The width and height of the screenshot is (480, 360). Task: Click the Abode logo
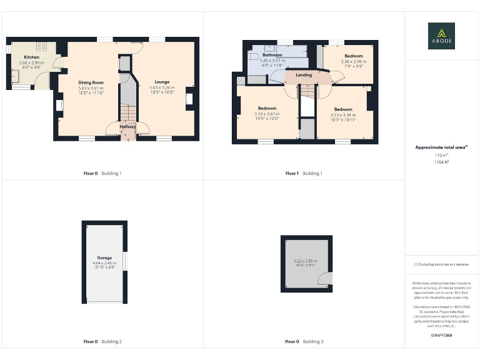tap(441, 36)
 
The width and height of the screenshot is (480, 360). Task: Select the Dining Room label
tap(91, 82)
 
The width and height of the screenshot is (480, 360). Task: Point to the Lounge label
tap(162, 82)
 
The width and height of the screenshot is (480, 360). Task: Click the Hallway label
tap(127, 127)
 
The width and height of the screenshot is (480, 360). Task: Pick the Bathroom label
tap(272, 55)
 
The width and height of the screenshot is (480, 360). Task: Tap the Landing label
tap(304, 76)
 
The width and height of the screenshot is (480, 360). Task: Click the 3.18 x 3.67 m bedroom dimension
tap(267, 114)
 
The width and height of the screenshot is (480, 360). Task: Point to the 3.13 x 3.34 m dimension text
tap(343, 114)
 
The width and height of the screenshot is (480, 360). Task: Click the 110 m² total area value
tap(441, 155)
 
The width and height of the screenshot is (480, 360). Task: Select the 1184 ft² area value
tap(441, 161)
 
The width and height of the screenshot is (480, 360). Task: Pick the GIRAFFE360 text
tap(441, 336)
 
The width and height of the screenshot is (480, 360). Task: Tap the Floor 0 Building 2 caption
tap(102, 342)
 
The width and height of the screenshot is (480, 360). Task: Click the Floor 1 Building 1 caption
tap(304, 173)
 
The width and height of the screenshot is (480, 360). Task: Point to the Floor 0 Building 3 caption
tap(304, 342)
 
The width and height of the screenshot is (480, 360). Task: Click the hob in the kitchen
tap(42, 46)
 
